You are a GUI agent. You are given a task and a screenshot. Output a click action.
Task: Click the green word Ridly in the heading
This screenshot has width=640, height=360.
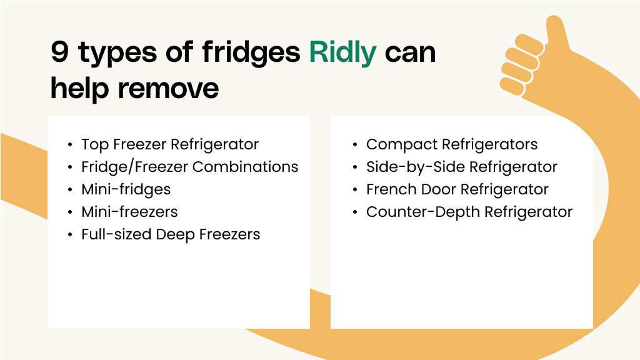point(342,52)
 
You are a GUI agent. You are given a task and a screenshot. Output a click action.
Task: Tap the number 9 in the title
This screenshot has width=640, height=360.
point(59,51)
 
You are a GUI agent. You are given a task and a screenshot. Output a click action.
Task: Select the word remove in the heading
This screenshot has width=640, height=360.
point(168,89)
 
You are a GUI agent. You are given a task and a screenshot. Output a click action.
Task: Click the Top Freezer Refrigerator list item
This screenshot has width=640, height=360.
point(170,144)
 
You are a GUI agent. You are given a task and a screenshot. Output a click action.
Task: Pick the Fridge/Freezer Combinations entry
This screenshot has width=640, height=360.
point(190,167)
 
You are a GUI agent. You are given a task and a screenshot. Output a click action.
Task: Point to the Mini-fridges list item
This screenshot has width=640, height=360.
point(126,189)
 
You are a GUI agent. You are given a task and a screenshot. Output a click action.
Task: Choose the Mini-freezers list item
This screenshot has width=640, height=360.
point(129,212)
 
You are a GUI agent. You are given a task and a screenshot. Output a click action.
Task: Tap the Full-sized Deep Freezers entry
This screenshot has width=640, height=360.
point(171,235)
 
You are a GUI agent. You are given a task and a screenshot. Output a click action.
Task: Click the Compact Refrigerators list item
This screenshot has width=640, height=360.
point(452,144)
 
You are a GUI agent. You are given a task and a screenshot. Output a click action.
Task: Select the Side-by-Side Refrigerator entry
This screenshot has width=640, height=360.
point(462,167)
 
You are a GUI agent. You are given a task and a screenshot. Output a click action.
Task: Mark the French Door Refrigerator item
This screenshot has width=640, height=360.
point(457,189)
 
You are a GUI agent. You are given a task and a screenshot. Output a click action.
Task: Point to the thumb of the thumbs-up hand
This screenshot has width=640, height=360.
point(557,32)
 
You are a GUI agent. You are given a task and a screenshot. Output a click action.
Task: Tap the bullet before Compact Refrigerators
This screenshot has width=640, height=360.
point(355,145)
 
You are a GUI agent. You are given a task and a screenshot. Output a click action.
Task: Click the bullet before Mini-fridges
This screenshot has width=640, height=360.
point(70,190)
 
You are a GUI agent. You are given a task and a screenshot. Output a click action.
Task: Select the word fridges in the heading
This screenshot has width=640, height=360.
point(251,52)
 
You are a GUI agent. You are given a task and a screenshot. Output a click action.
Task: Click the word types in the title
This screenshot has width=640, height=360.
point(117,54)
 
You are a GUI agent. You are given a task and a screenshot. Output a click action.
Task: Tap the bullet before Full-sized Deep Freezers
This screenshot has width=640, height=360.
point(70,235)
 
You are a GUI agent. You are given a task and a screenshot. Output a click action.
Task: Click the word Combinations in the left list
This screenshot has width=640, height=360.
point(245,167)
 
